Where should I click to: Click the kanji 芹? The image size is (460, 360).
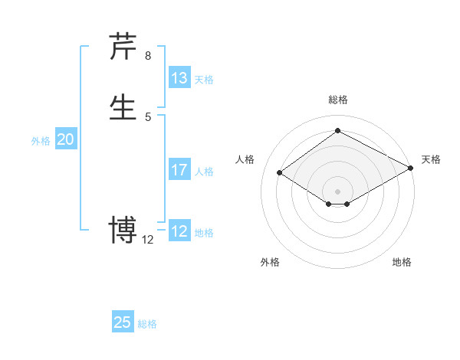click(123, 47)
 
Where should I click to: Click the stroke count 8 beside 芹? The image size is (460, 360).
click(148, 55)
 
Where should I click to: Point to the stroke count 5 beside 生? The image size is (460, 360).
click(148, 116)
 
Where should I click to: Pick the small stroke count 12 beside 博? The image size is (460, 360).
click(148, 240)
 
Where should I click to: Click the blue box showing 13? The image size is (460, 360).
click(179, 78)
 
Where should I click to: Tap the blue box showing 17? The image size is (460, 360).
click(179, 170)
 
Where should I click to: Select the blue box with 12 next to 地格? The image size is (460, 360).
click(179, 231)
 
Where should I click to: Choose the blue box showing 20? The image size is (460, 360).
click(66, 139)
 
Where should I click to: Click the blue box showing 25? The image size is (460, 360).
click(123, 322)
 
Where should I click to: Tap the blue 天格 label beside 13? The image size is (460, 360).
click(204, 80)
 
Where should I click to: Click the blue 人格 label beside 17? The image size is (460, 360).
click(204, 172)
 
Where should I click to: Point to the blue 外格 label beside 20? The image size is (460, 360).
click(40, 141)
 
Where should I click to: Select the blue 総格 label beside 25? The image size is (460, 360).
click(147, 324)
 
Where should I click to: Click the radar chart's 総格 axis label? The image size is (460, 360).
click(337, 100)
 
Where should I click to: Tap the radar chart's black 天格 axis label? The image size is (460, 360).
click(431, 159)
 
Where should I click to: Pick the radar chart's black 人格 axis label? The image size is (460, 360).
click(245, 159)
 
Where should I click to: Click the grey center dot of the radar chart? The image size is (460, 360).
click(337, 191)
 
